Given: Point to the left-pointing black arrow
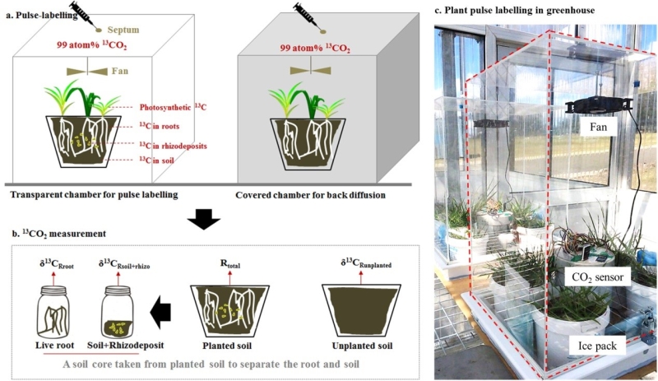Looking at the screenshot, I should [x=162, y=312].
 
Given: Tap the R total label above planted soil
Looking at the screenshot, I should [x=228, y=266].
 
